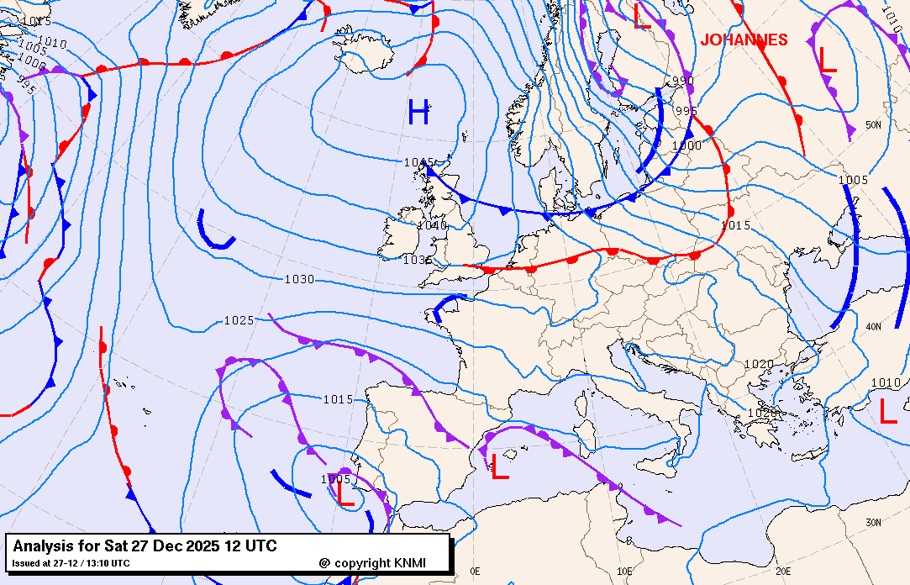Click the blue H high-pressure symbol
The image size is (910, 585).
(418, 112)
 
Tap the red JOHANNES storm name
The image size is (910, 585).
(744, 40)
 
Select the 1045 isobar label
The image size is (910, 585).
(418, 162)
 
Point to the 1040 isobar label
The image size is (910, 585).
(431, 225)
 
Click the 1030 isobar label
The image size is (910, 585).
(299, 279)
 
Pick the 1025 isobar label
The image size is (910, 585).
(239, 320)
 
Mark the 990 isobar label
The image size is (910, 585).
(683, 81)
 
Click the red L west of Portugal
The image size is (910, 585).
(345, 492)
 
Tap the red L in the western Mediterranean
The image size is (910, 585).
(500, 466)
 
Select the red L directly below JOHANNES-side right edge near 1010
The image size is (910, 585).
(888, 411)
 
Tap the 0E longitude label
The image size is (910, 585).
(475, 571)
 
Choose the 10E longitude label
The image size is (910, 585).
(624, 571)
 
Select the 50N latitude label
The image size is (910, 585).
(874, 125)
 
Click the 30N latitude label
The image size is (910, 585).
(874, 522)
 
